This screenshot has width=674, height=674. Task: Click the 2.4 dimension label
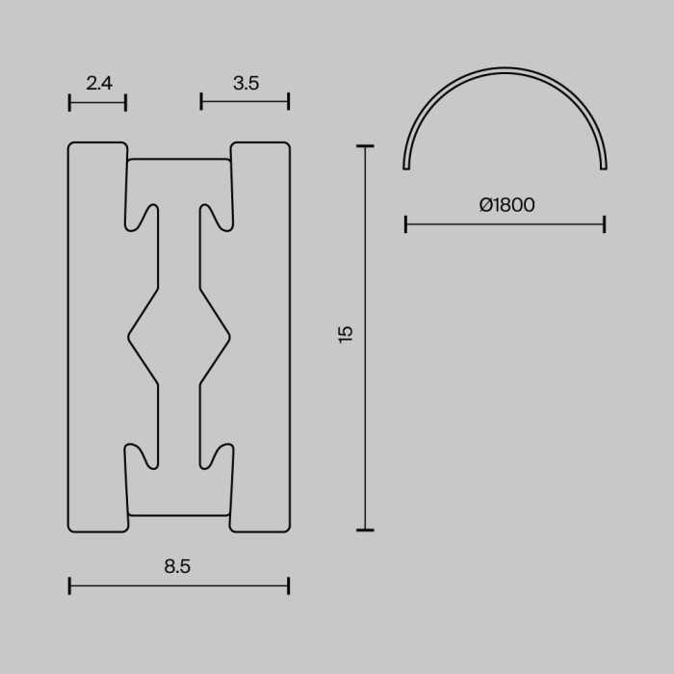tap(99, 84)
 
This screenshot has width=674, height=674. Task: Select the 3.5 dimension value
tap(246, 84)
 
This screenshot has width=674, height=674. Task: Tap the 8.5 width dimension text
tap(177, 567)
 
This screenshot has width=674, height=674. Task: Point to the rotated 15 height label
tap(346, 334)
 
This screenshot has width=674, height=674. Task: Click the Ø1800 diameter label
tap(506, 205)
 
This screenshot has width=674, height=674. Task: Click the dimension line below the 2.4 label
tap(98, 102)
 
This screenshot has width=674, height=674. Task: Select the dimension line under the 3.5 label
tap(246, 102)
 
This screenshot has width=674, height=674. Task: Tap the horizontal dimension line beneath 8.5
tap(179, 584)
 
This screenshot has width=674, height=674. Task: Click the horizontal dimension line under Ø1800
tap(505, 224)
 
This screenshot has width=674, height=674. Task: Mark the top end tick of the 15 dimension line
tap(364, 146)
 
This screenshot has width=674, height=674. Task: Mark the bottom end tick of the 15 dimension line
tap(364, 530)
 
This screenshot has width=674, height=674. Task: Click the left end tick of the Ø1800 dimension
tap(406, 224)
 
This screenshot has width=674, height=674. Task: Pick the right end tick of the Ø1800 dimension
tap(605, 224)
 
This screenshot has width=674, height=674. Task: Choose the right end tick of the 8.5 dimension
tap(288, 584)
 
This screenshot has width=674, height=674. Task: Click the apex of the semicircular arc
tap(505, 70)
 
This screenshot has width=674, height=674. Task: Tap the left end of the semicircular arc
tap(406, 168)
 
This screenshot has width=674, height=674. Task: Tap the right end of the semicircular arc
tap(604, 168)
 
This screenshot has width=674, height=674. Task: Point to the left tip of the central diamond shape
tap(129, 337)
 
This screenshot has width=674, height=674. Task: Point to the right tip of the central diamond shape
tap(229, 337)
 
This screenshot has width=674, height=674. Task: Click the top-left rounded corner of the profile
tap(72, 146)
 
